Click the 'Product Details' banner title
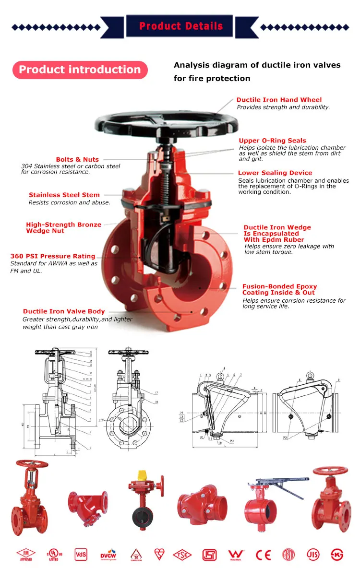pos(180,26)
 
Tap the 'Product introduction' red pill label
pos(80,70)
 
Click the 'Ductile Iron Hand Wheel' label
pos(279,100)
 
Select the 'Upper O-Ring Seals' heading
pos(272,141)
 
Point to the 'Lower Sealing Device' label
pos(275,173)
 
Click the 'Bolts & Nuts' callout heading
pos(77,159)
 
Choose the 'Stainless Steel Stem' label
pos(64,195)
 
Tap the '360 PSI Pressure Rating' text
pos(53,256)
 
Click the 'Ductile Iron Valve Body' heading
pos(64,311)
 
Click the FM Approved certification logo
pos(26,555)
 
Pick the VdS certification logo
pos(81,555)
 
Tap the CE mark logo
pos(263,555)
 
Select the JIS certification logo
pos(313,555)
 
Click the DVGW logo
pos(108,555)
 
